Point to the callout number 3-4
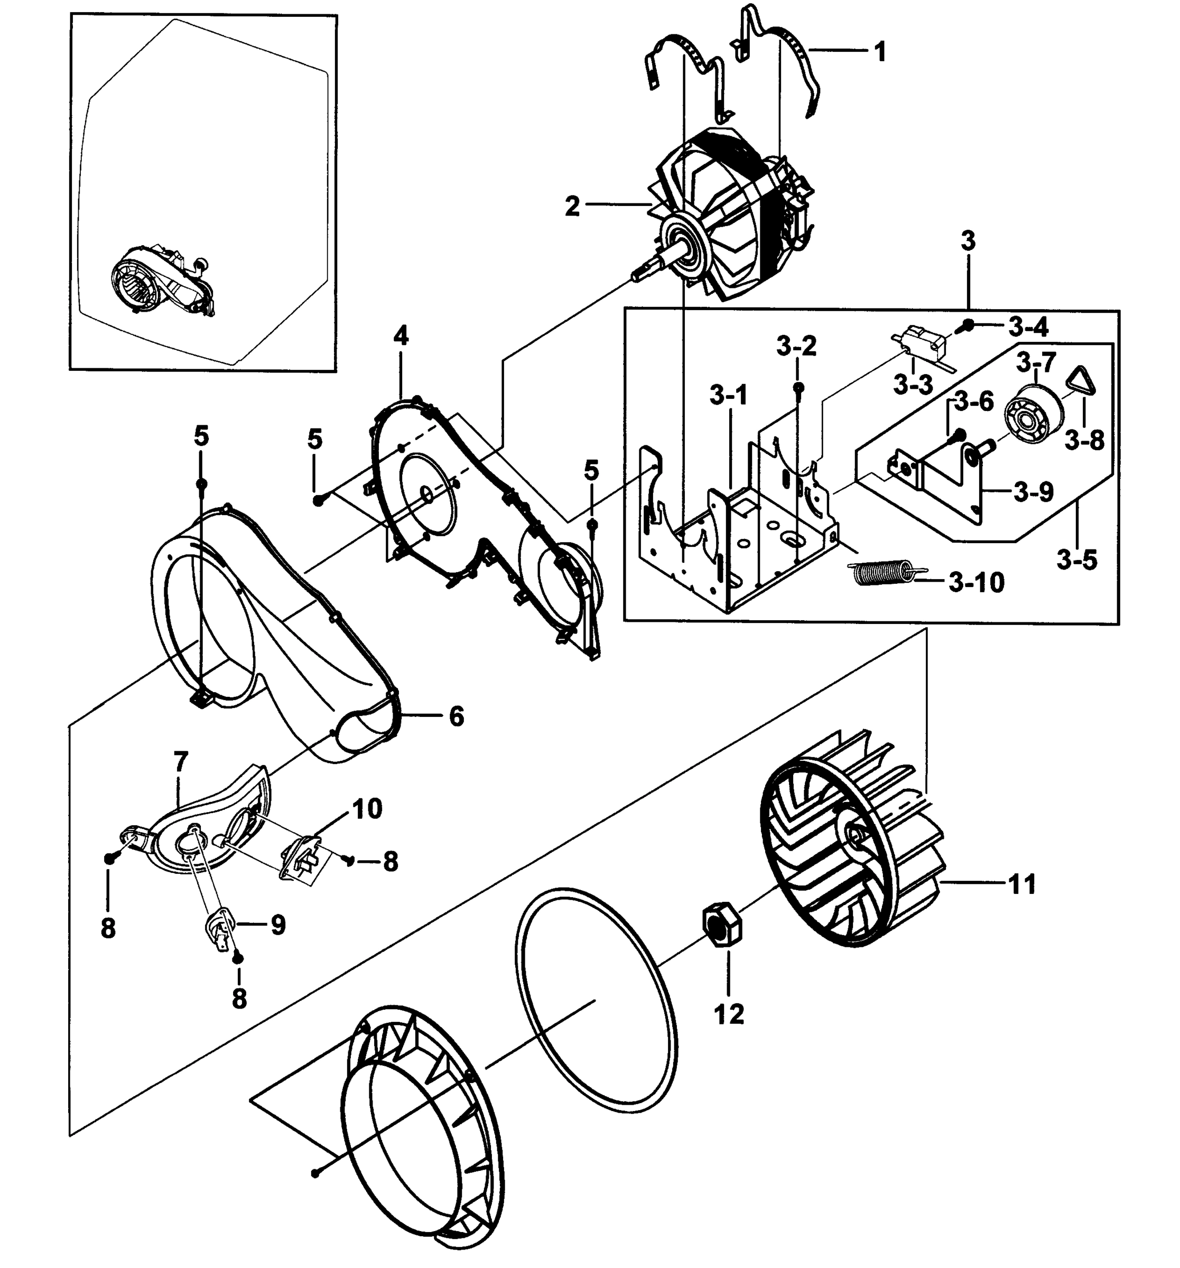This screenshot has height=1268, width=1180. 1028,327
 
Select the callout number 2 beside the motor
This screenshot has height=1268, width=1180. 572,207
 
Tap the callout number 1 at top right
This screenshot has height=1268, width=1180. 879,52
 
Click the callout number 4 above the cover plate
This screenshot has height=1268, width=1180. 401,335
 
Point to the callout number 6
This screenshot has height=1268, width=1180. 456,716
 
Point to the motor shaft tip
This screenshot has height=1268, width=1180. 635,276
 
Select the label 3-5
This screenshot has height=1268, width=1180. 1076,560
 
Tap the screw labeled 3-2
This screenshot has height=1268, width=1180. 797,388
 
